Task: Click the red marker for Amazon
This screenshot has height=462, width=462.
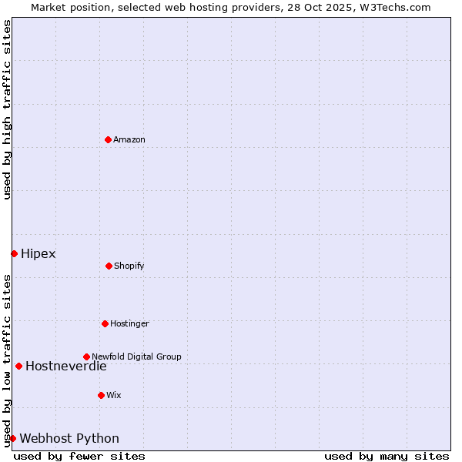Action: click(108, 139)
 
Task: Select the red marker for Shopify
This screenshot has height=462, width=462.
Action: click(109, 266)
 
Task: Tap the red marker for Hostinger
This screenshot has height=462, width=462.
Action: click(105, 323)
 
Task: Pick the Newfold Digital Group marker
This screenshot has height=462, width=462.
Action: click(86, 357)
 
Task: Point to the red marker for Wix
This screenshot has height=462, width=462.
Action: click(101, 395)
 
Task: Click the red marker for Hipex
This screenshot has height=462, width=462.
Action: click(14, 253)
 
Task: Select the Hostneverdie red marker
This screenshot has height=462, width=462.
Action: click(18, 366)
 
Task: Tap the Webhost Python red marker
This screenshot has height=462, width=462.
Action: click(12, 438)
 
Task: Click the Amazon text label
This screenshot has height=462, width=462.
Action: click(129, 140)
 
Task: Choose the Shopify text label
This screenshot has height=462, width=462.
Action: click(129, 266)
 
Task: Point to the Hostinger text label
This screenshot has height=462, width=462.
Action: click(129, 324)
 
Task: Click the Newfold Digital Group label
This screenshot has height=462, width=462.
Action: click(136, 357)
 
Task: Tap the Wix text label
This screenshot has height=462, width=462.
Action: click(114, 396)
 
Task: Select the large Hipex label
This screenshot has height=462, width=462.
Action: click(38, 254)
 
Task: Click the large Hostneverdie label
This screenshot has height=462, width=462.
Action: click(66, 367)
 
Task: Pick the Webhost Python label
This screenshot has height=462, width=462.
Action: click(69, 439)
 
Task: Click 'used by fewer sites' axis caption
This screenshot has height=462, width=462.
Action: click(79, 456)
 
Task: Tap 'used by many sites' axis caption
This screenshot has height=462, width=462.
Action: click(387, 456)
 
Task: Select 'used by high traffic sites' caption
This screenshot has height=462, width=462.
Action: click(8, 109)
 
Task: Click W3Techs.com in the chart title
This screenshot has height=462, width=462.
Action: click(393, 7)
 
